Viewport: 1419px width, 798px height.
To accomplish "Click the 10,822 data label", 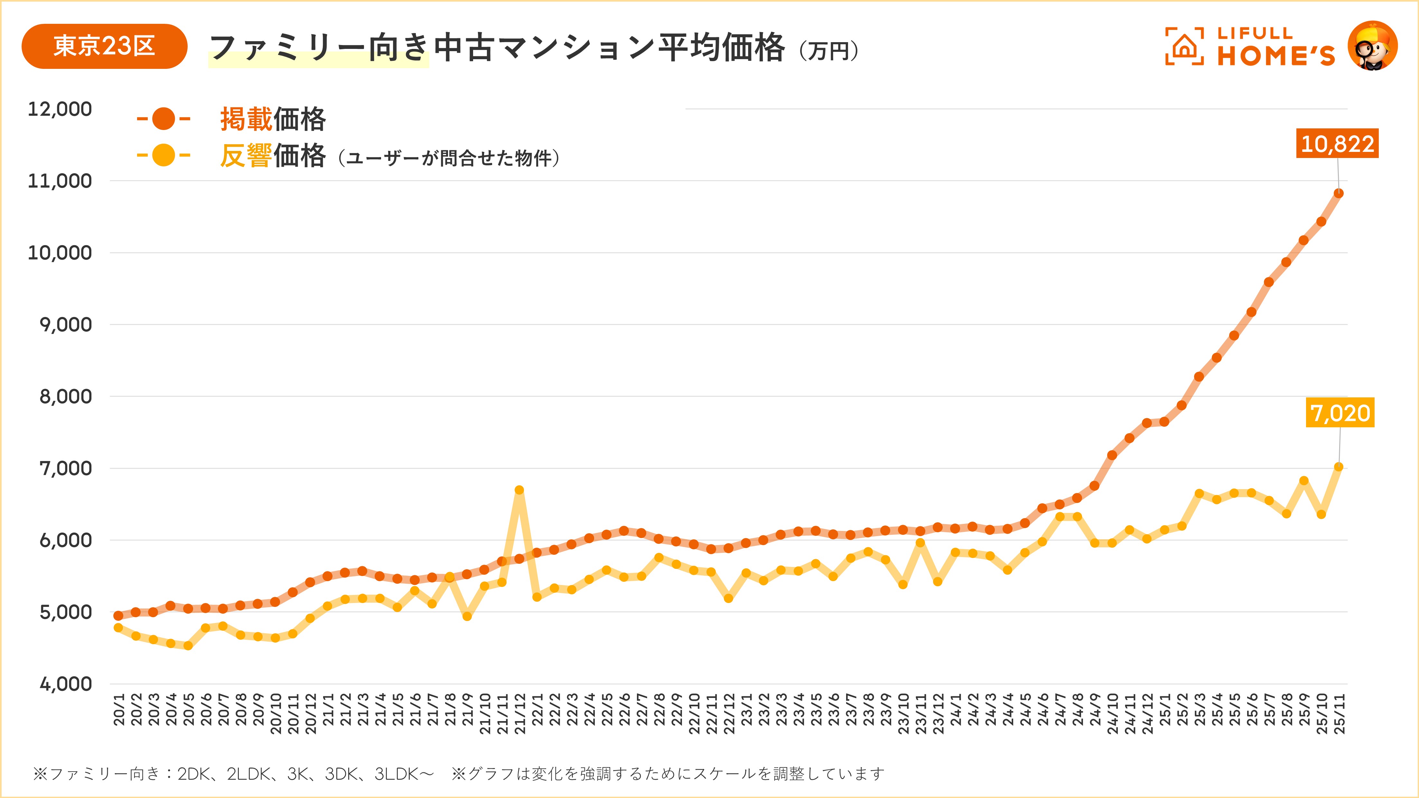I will (x=1337, y=144).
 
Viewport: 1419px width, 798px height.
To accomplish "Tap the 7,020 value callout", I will (x=1340, y=413).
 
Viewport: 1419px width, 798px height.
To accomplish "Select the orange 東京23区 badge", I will (x=104, y=46).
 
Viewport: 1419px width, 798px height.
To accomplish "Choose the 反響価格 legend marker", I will (x=163, y=155).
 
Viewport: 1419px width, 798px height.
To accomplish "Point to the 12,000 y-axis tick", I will (x=60, y=109).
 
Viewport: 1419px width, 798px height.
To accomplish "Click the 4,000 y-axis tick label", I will (x=65, y=684).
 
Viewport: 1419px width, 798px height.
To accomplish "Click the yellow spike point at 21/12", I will (x=519, y=490).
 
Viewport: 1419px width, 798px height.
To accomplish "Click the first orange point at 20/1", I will (x=118, y=616).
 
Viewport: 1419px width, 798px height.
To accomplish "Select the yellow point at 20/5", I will (x=188, y=645).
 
